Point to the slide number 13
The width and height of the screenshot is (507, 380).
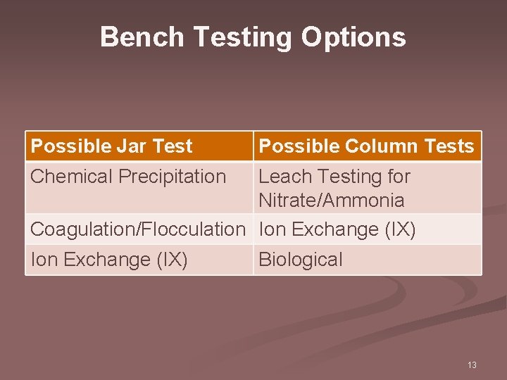pyautogui.click(x=472, y=365)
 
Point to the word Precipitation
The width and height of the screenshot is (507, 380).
pyautogui.click(x=173, y=177)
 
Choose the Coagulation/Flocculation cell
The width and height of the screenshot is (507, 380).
pyautogui.click(x=137, y=229)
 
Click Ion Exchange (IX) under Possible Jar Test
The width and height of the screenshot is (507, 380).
pyautogui.click(x=109, y=260)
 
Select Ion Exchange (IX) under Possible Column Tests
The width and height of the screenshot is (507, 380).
pyautogui.click(x=337, y=229)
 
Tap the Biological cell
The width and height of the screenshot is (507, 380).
pyautogui.click(x=301, y=260)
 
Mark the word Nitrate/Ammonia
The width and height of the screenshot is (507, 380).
pyautogui.click(x=332, y=201)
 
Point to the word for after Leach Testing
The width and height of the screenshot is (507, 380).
pyautogui.click(x=398, y=177)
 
